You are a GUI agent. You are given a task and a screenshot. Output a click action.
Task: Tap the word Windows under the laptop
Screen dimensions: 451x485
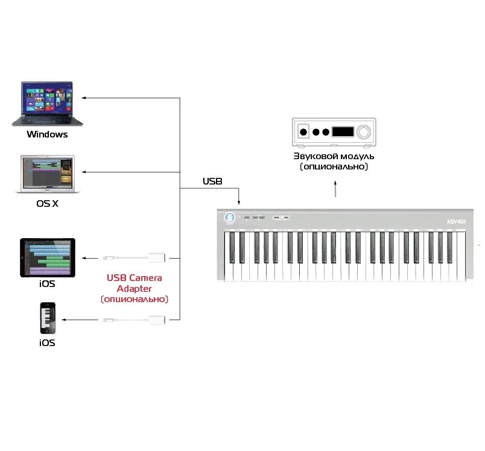(47, 134)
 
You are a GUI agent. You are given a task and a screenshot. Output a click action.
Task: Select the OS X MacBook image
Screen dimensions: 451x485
(47, 174)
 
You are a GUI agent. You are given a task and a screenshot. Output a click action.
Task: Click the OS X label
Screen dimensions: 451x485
(47, 204)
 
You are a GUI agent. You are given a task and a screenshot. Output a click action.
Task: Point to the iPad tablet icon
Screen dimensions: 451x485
(48, 257)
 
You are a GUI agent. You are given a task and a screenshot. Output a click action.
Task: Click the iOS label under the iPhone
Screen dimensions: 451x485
(47, 342)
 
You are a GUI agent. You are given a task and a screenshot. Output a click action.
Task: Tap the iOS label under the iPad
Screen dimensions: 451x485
(47, 283)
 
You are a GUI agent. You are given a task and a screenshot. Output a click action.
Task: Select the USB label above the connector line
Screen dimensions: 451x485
(212, 181)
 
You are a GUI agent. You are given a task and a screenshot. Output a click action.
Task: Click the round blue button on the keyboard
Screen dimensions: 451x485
(229, 218)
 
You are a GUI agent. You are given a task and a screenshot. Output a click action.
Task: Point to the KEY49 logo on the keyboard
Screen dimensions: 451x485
(457, 221)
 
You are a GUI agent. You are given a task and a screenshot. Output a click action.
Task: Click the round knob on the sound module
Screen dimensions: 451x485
(364, 131)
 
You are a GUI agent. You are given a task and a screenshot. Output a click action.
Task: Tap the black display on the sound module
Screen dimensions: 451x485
(343, 131)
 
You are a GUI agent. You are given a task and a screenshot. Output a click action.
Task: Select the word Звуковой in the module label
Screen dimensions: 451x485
(311, 157)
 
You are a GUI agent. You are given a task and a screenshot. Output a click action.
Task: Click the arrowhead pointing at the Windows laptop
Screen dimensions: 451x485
(85, 97)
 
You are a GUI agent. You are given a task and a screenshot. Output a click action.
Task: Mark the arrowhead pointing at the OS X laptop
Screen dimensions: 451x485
(85, 172)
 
